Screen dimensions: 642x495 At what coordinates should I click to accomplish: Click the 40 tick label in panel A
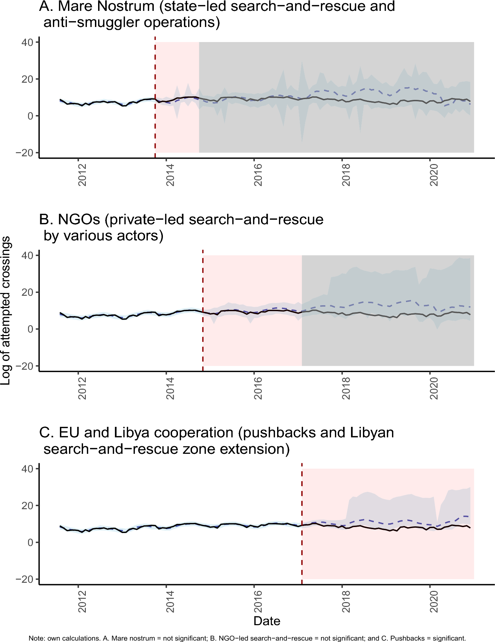[x=27, y=42]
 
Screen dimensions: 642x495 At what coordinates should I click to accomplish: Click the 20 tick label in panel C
[x=27, y=506]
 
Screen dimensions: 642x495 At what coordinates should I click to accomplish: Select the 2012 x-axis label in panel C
[x=82, y=601]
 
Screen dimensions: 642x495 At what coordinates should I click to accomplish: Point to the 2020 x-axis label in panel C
[x=434, y=601]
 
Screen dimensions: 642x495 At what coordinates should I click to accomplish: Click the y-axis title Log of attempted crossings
[x=6, y=310]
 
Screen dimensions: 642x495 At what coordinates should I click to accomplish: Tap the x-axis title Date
[x=267, y=621]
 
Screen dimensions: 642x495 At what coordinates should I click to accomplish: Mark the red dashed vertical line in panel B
[x=203, y=315]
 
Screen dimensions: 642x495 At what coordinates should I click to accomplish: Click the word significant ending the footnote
[x=449, y=638]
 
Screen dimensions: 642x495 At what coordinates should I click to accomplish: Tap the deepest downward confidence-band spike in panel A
[x=302, y=141]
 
